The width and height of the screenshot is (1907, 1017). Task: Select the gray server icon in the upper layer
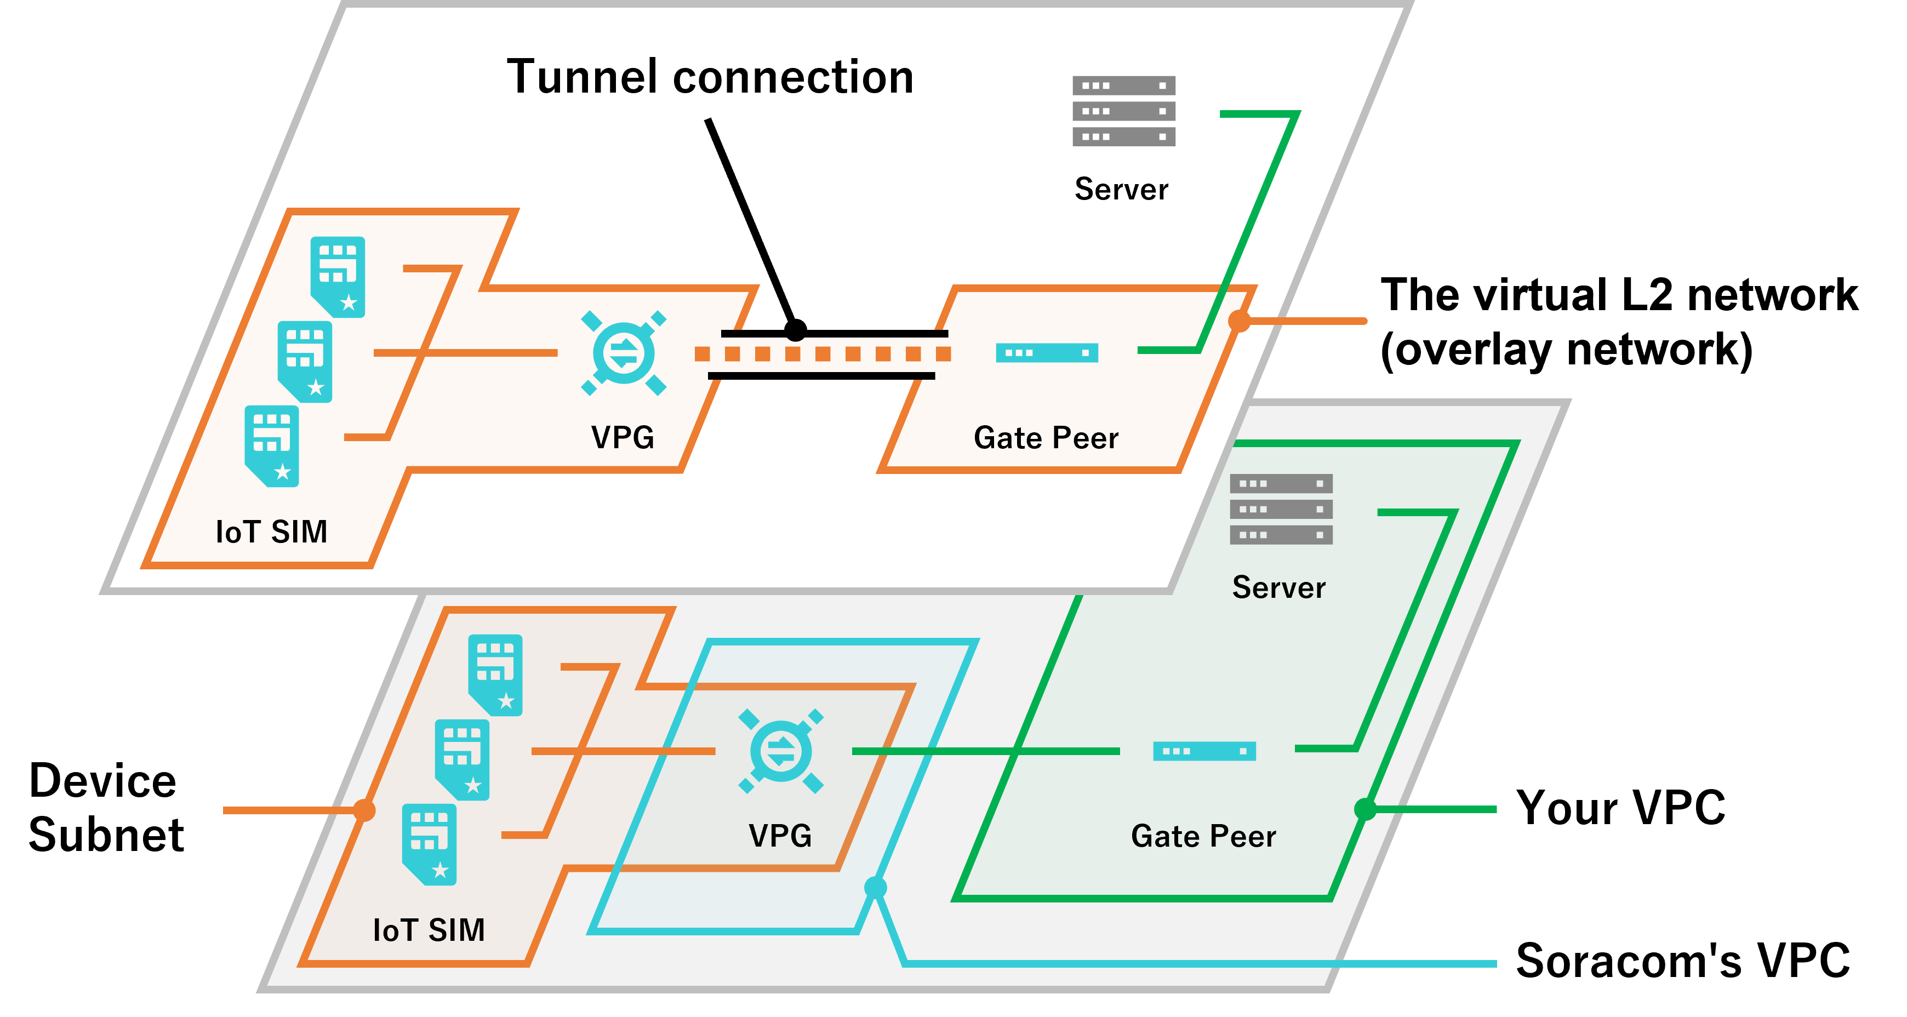coord(1123,111)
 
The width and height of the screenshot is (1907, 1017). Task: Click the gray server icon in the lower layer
coord(1281,509)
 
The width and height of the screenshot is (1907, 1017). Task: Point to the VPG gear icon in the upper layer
coord(623,353)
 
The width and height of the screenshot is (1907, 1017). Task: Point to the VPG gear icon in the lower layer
coord(781,751)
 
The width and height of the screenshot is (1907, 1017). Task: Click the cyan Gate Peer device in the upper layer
coord(1046,353)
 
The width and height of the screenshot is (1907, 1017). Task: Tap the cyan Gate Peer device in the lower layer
coord(1204,751)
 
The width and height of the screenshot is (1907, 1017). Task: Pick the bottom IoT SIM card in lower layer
coord(430,844)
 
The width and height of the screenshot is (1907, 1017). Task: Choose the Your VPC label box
coord(1614,809)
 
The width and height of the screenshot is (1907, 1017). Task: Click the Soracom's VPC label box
coord(1681,962)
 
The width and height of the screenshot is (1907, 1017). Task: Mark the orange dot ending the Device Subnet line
coord(363,810)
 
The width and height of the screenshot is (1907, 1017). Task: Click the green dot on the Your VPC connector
coord(1365,809)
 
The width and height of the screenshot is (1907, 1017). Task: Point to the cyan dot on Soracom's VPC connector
coord(875,886)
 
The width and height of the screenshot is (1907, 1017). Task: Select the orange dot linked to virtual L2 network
coord(1239,321)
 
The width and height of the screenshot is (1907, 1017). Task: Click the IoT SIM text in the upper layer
coord(271,532)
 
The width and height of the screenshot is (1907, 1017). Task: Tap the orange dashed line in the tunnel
coord(822,354)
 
